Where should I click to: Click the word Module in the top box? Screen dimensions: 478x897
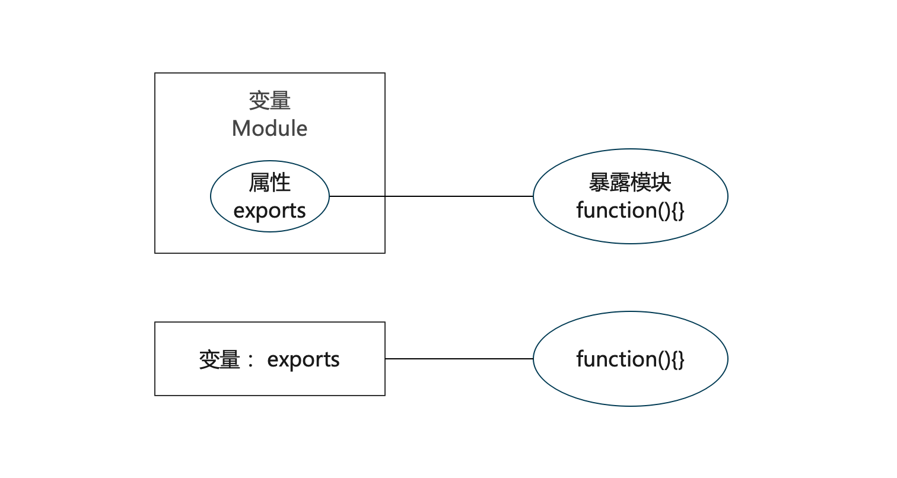click(x=269, y=129)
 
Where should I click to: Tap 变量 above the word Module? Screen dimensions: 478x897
click(x=269, y=101)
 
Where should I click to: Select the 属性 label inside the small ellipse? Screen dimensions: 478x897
click(x=269, y=183)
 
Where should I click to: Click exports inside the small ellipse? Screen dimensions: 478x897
click(x=269, y=211)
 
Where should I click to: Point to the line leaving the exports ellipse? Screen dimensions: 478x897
click(x=357, y=196)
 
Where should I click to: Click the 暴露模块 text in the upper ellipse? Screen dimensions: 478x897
click(x=629, y=183)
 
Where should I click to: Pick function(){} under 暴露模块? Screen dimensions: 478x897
click(x=629, y=211)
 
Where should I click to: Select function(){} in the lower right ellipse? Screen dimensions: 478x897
click(x=629, y=359)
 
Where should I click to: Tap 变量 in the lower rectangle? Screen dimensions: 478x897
click(x=220, y=360)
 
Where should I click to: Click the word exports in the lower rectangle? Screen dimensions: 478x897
click(x=303, y=360)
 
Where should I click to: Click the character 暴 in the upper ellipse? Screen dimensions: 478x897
click(x=599, y=183)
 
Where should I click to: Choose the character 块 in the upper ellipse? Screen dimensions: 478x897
click(x=661, y=183)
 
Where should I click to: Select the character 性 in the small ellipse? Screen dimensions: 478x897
click(x=280, y=183)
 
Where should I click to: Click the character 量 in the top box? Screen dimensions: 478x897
click(x=280, y=101)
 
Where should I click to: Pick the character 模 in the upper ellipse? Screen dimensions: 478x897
click(x=640, y=183)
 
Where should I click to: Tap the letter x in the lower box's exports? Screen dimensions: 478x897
click(x=282, y=360)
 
